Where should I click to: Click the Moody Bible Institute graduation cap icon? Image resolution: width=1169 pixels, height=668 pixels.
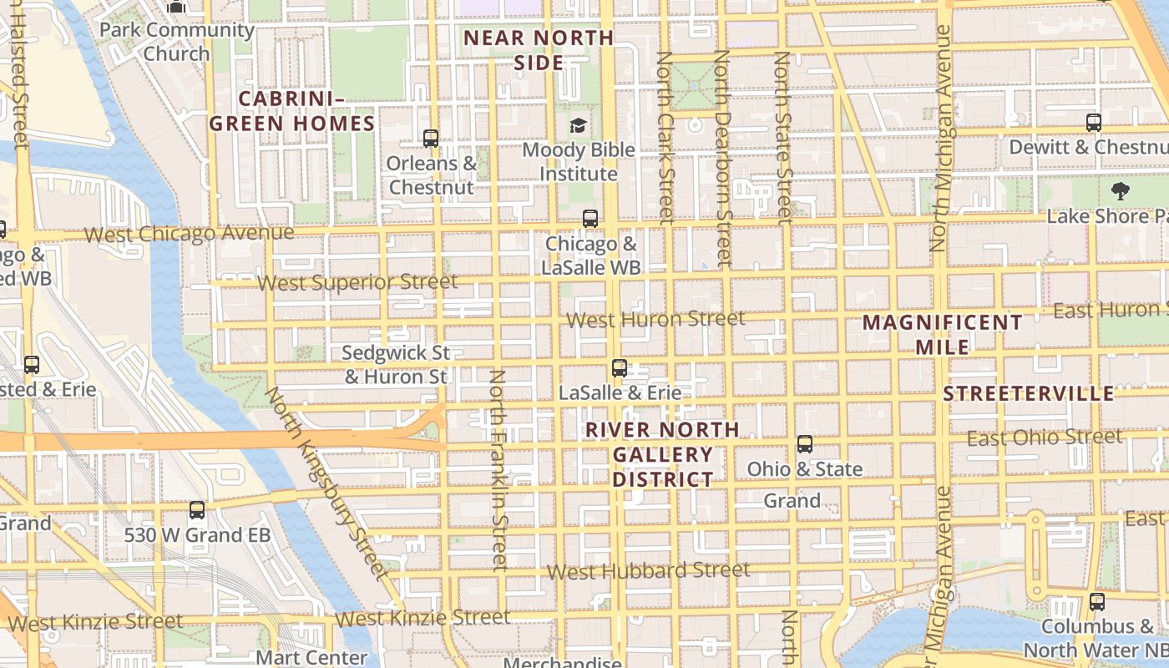coord(578,126)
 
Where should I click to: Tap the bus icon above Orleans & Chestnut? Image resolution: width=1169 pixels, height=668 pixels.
coord(431,139)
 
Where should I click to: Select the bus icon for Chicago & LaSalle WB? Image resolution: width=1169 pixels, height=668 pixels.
coord(590,219)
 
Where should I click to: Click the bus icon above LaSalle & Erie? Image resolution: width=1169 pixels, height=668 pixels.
coord(620,367)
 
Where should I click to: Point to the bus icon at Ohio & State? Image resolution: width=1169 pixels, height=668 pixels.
coord(805,444)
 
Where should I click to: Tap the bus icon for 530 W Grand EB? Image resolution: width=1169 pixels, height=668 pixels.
coord(197,510)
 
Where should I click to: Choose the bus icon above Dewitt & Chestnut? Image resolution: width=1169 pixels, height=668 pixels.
coord(1094,123)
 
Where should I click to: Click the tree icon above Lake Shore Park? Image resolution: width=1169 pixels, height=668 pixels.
coord(1120,191)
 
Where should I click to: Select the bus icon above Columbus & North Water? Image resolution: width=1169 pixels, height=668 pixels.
coord(1097,601)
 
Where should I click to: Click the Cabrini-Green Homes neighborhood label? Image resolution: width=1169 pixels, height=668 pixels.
coord(291,111)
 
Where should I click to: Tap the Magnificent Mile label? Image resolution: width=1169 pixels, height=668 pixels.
coord(942,334)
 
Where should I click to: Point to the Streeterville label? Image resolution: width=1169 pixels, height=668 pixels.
coord(1028,393)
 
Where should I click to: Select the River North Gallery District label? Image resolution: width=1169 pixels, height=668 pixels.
coord(663,454)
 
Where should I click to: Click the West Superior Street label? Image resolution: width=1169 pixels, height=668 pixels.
coord(357,282)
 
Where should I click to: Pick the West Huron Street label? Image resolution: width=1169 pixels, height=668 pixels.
coord(655,319)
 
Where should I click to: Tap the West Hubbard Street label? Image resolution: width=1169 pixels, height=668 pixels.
coord(648,571)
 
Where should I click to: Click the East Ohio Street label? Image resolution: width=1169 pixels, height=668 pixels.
coord(1045,438)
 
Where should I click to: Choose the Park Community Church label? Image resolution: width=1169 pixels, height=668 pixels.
coord(176,41)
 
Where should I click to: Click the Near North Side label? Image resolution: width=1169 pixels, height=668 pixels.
coord(539,50)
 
